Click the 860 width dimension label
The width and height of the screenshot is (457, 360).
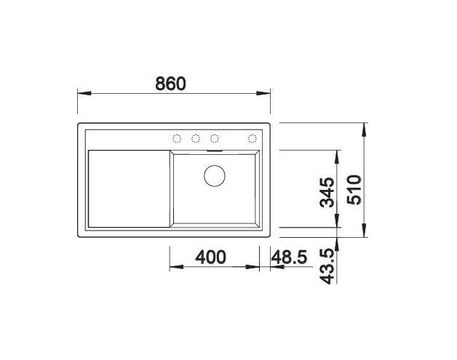point(170,84)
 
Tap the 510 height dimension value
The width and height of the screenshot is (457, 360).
point(354,191)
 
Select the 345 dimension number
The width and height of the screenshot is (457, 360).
point(327,193)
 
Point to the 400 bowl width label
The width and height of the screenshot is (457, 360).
point(210,257)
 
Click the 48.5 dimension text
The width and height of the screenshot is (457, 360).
point(289,257)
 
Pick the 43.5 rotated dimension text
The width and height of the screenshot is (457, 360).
point(327,266)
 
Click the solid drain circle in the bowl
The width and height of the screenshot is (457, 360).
point(215,175)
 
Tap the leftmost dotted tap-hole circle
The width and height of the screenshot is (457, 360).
point(177,138)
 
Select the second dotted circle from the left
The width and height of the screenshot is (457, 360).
point(196,138)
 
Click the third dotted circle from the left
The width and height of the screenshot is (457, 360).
point(215,138)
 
